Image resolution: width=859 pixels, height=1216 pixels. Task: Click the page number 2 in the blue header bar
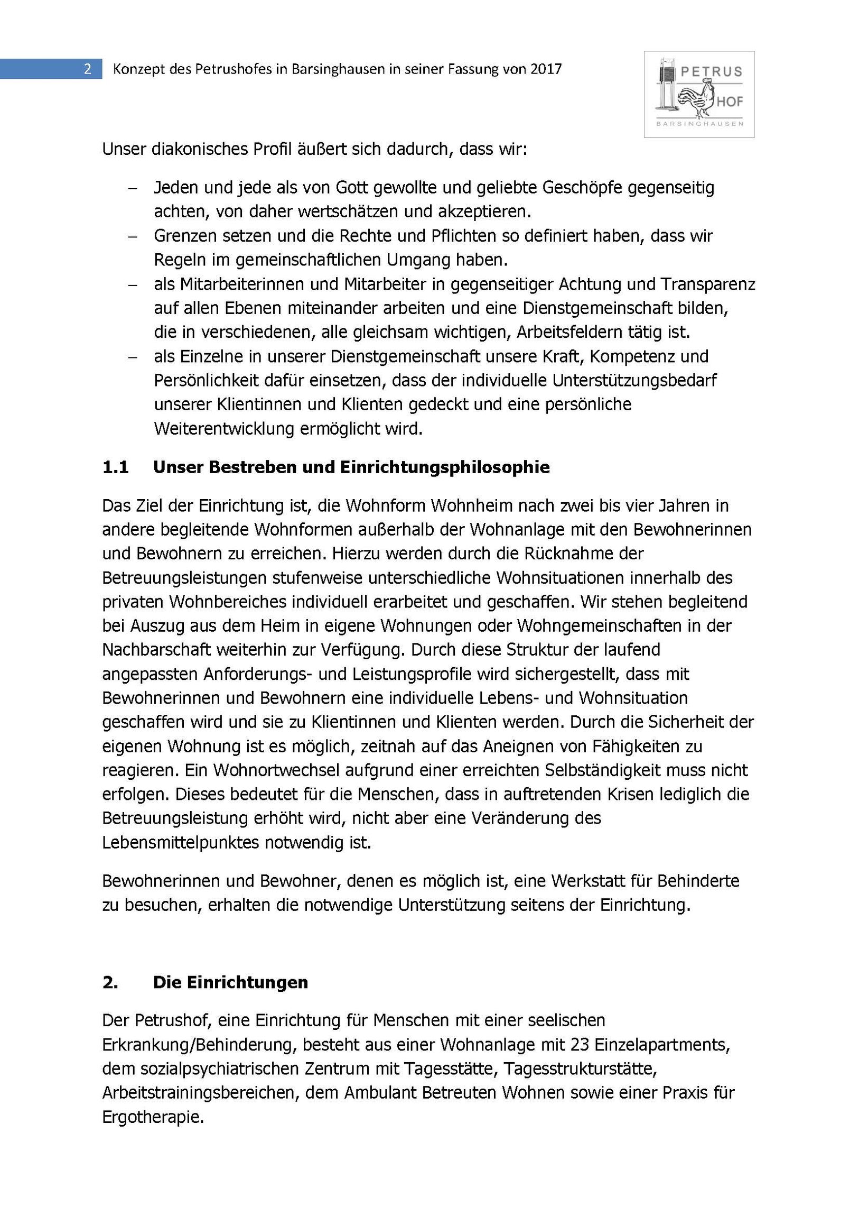point(87,69)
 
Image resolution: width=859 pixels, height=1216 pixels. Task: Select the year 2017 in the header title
point(546,69)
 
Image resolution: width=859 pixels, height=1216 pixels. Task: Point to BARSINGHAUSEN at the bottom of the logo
point(699,123)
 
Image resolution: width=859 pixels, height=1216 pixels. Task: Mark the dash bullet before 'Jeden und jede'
point(132,188)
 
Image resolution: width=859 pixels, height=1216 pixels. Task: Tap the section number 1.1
point(115,467)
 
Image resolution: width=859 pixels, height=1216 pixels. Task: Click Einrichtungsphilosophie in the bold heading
point(445,467)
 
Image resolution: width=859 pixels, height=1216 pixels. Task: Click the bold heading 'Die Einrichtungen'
point(230,982)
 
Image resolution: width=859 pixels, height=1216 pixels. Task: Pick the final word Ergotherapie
point(153,1117)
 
